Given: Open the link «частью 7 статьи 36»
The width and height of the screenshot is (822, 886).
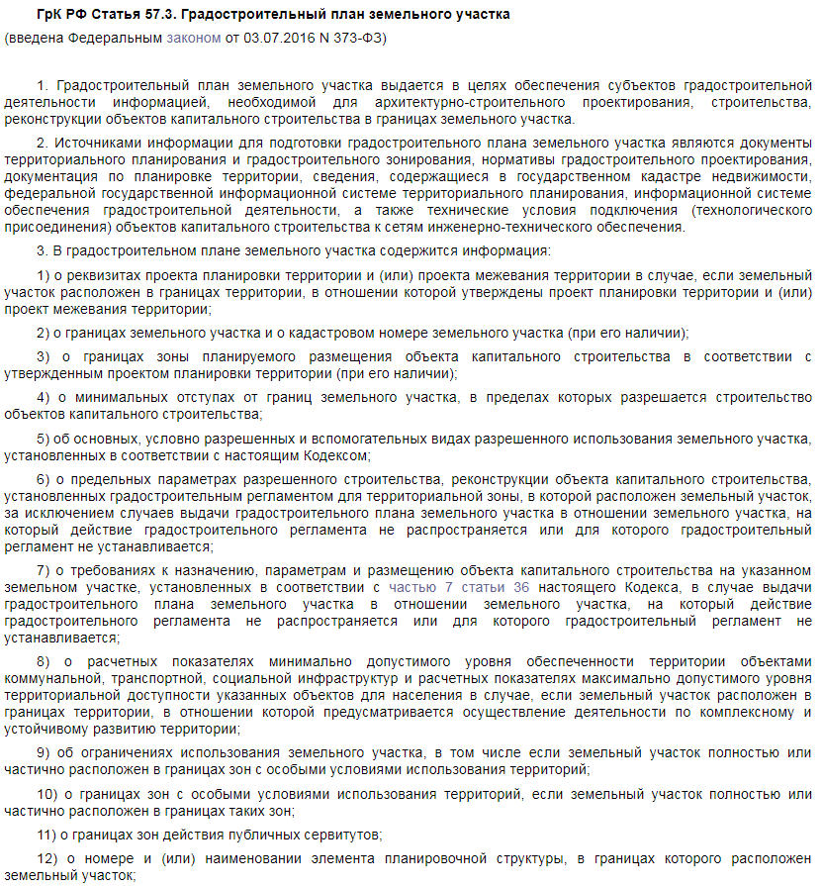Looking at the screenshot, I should click(x=458, y=587).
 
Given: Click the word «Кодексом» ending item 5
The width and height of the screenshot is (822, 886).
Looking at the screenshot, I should click(x=337, y=455).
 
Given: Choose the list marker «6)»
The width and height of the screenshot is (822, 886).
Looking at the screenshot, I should click(x=44, y=480).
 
